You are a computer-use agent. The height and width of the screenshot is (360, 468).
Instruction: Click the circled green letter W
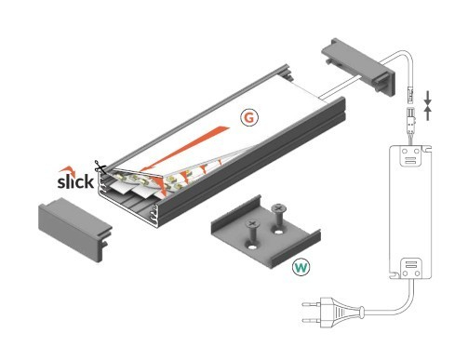click(301, 268)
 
